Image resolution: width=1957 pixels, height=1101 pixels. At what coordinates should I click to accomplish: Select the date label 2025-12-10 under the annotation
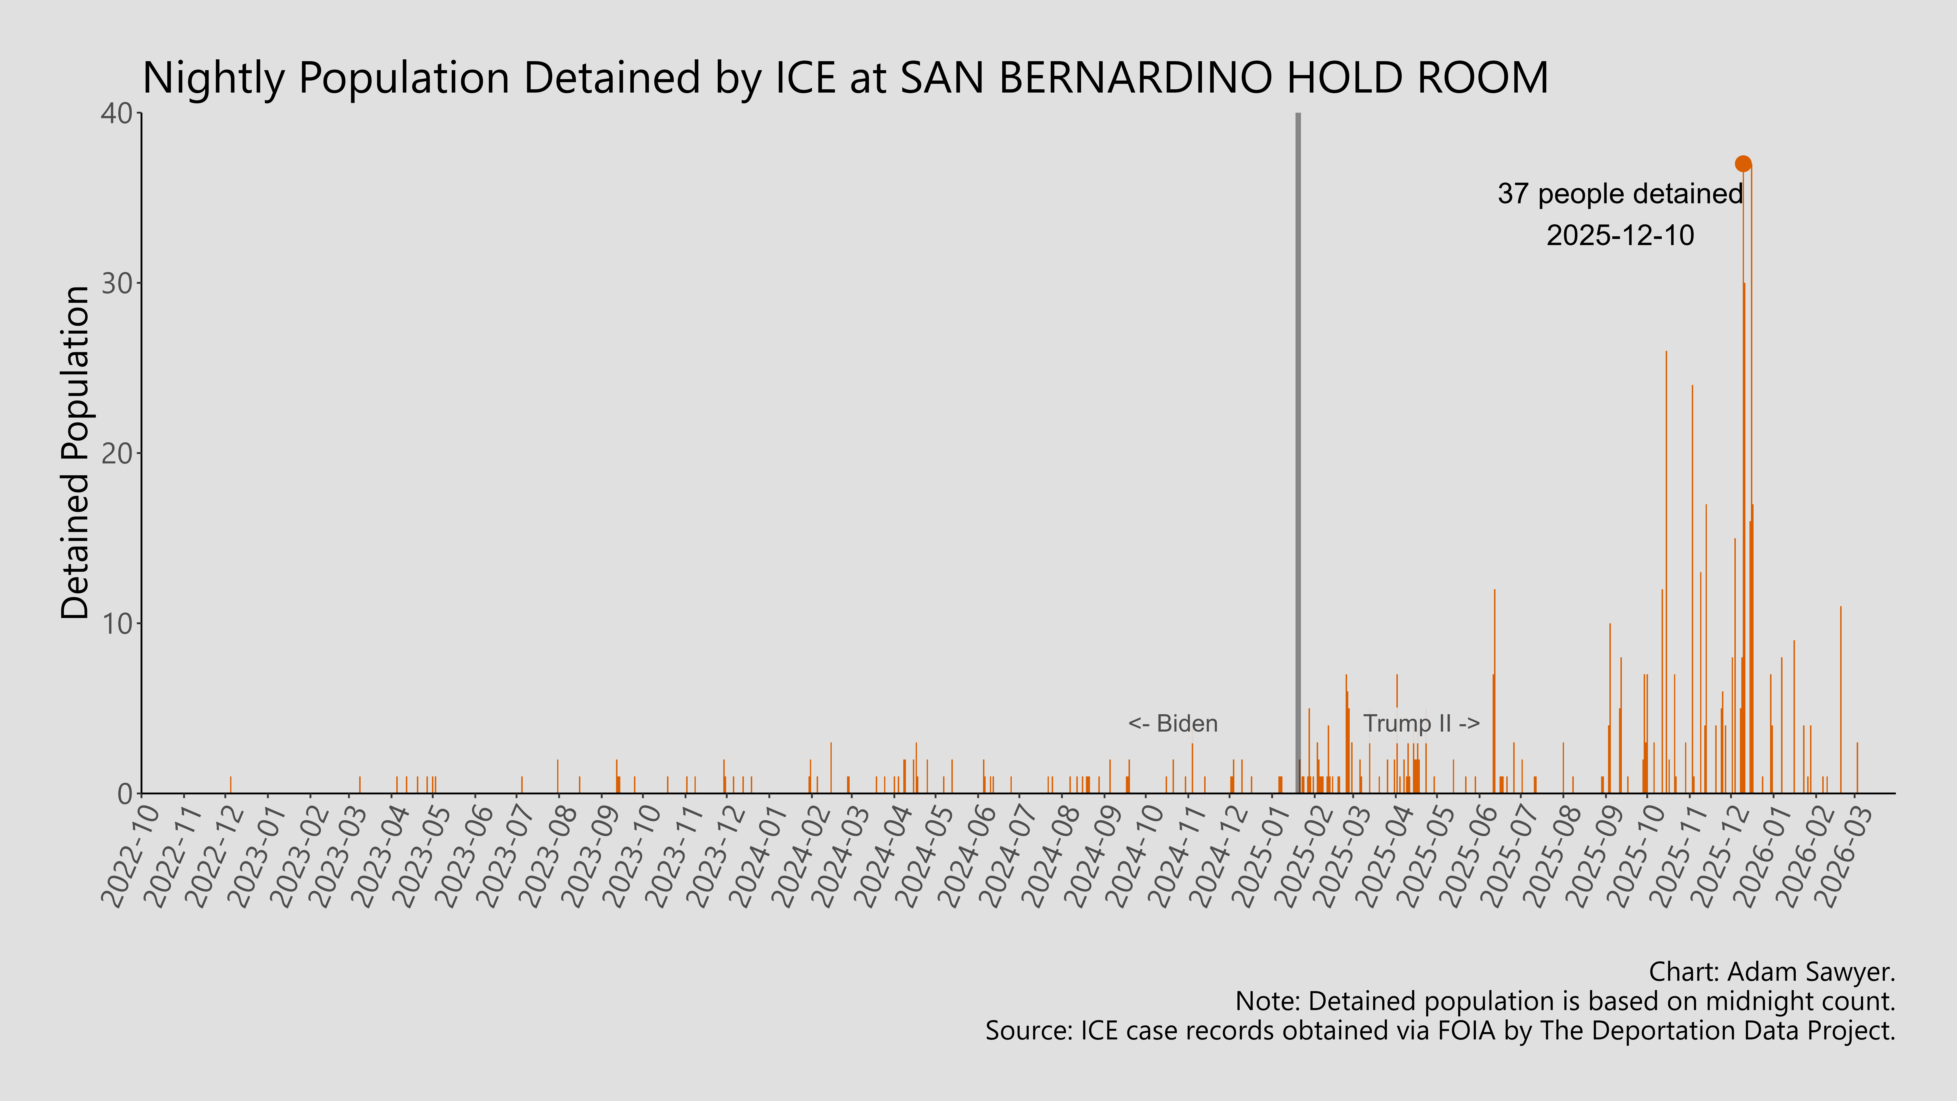coord(1620,235)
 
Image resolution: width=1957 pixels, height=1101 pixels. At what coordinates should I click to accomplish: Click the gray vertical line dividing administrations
coord(1298,456)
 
